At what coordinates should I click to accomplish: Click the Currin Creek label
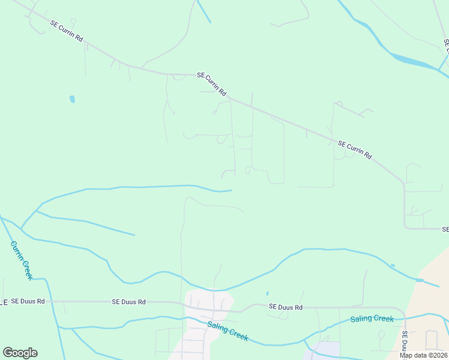click(22, 260)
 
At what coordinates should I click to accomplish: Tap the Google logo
click(20, 353)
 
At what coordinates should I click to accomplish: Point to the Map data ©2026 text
click(423, 355)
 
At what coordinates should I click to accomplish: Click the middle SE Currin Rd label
click(212, 84)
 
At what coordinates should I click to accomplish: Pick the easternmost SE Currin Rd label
click(355, 150)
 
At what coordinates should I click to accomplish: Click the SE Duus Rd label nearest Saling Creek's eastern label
click(285, 307)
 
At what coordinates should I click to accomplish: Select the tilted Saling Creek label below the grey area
click(228, 332)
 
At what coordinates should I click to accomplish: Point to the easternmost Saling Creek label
click(372, 319)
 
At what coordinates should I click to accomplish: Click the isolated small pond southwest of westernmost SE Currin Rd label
click(73, 98)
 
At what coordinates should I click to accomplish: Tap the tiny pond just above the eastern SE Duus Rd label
click(267, 294)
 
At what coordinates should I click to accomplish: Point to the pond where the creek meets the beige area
click(420, 280)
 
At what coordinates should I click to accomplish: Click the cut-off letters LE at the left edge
click(4, 302)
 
